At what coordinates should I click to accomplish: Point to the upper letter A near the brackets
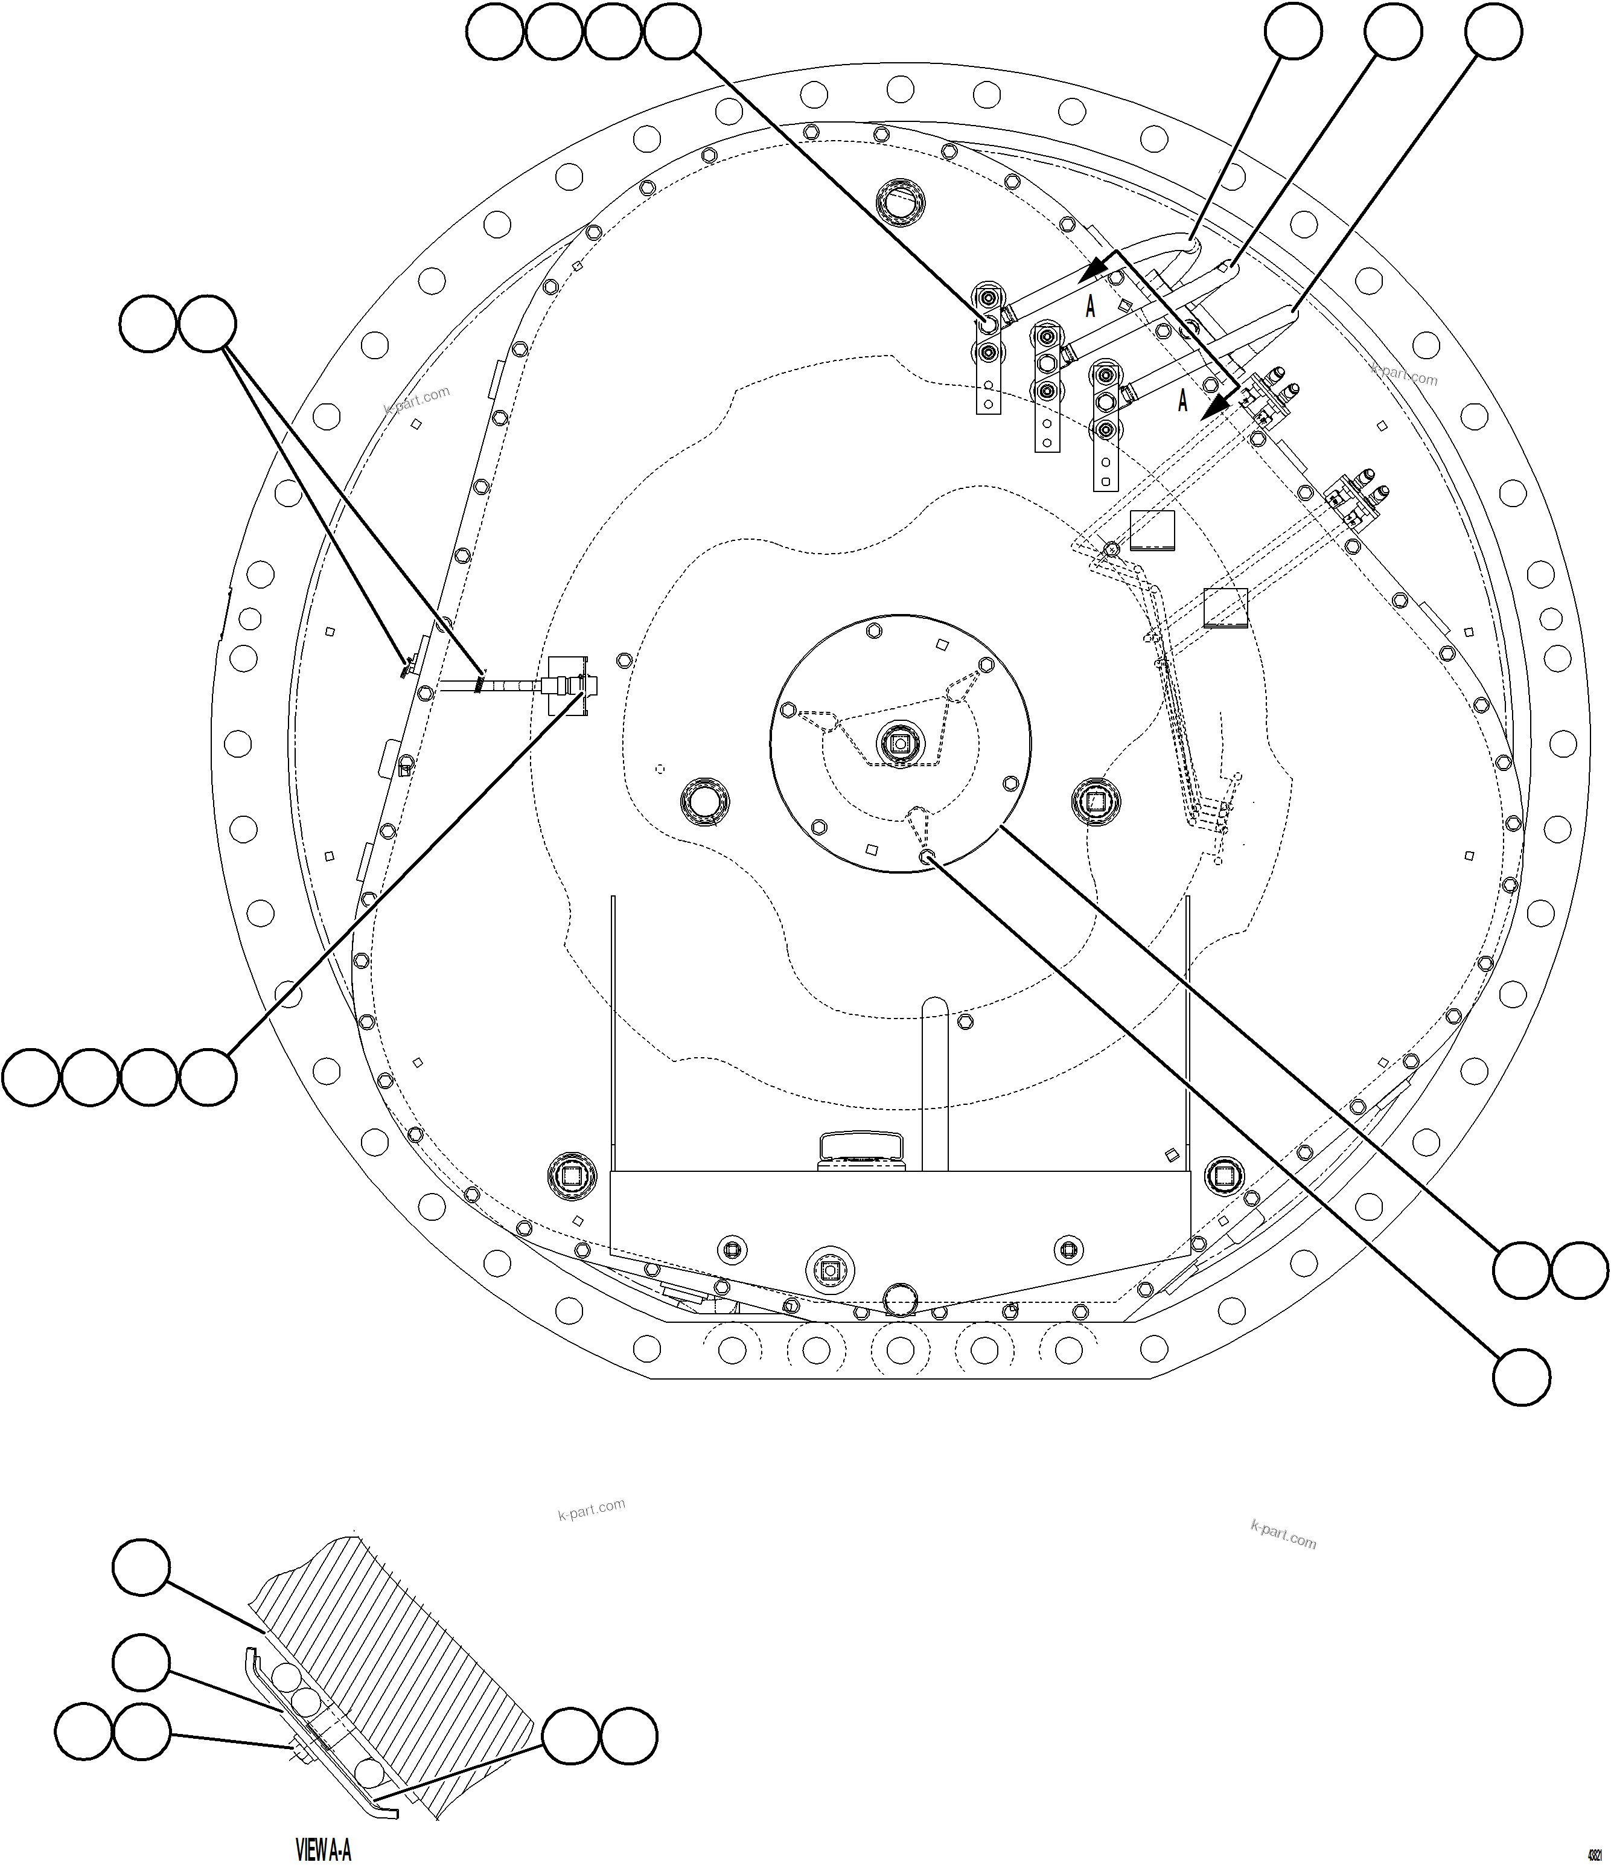pyautogui.click(x=1090, y=307)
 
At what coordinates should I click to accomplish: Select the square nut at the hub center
pyautogui.click(x=899, y=743)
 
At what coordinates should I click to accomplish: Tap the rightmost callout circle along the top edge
pyautogui.click(x=1493, y=31)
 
